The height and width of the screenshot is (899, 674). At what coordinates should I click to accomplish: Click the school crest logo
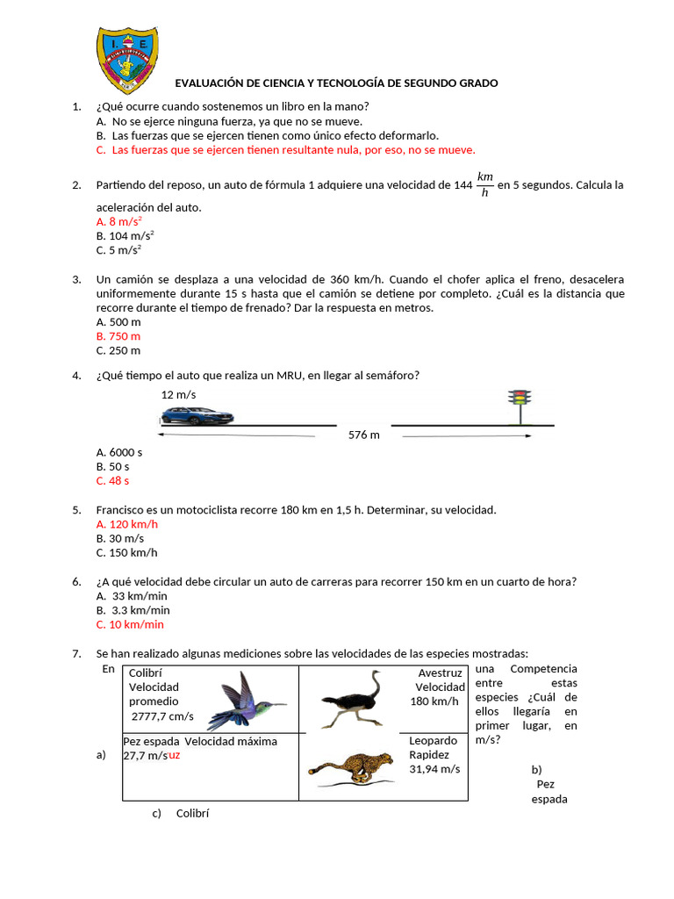pos(127,59)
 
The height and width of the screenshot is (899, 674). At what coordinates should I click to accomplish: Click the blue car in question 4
pos(197,415)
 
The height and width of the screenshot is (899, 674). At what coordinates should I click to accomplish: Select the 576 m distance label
pos(363,435)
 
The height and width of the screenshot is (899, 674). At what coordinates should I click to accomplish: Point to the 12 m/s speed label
pos(178,395)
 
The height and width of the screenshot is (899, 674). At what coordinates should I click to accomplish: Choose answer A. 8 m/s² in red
pos(119,222)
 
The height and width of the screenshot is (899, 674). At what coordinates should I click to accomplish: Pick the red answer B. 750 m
pos(118,336)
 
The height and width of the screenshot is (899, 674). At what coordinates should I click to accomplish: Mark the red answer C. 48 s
pos(112,481)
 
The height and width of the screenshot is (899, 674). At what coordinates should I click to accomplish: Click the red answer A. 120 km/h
pos(126,524)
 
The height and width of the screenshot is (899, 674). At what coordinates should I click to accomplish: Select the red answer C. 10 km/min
pos(130,624)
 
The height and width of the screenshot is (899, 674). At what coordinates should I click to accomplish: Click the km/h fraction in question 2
pos(485,184)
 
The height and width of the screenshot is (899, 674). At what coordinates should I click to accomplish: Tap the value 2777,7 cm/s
pos(162,716)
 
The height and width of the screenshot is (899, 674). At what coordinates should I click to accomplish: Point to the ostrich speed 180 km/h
pos(434,701)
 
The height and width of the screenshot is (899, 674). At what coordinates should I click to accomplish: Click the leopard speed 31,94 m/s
pos(434,769)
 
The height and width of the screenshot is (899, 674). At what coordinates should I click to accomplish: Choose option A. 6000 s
pos(118,452)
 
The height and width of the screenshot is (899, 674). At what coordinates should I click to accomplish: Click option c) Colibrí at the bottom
pos(181,813)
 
